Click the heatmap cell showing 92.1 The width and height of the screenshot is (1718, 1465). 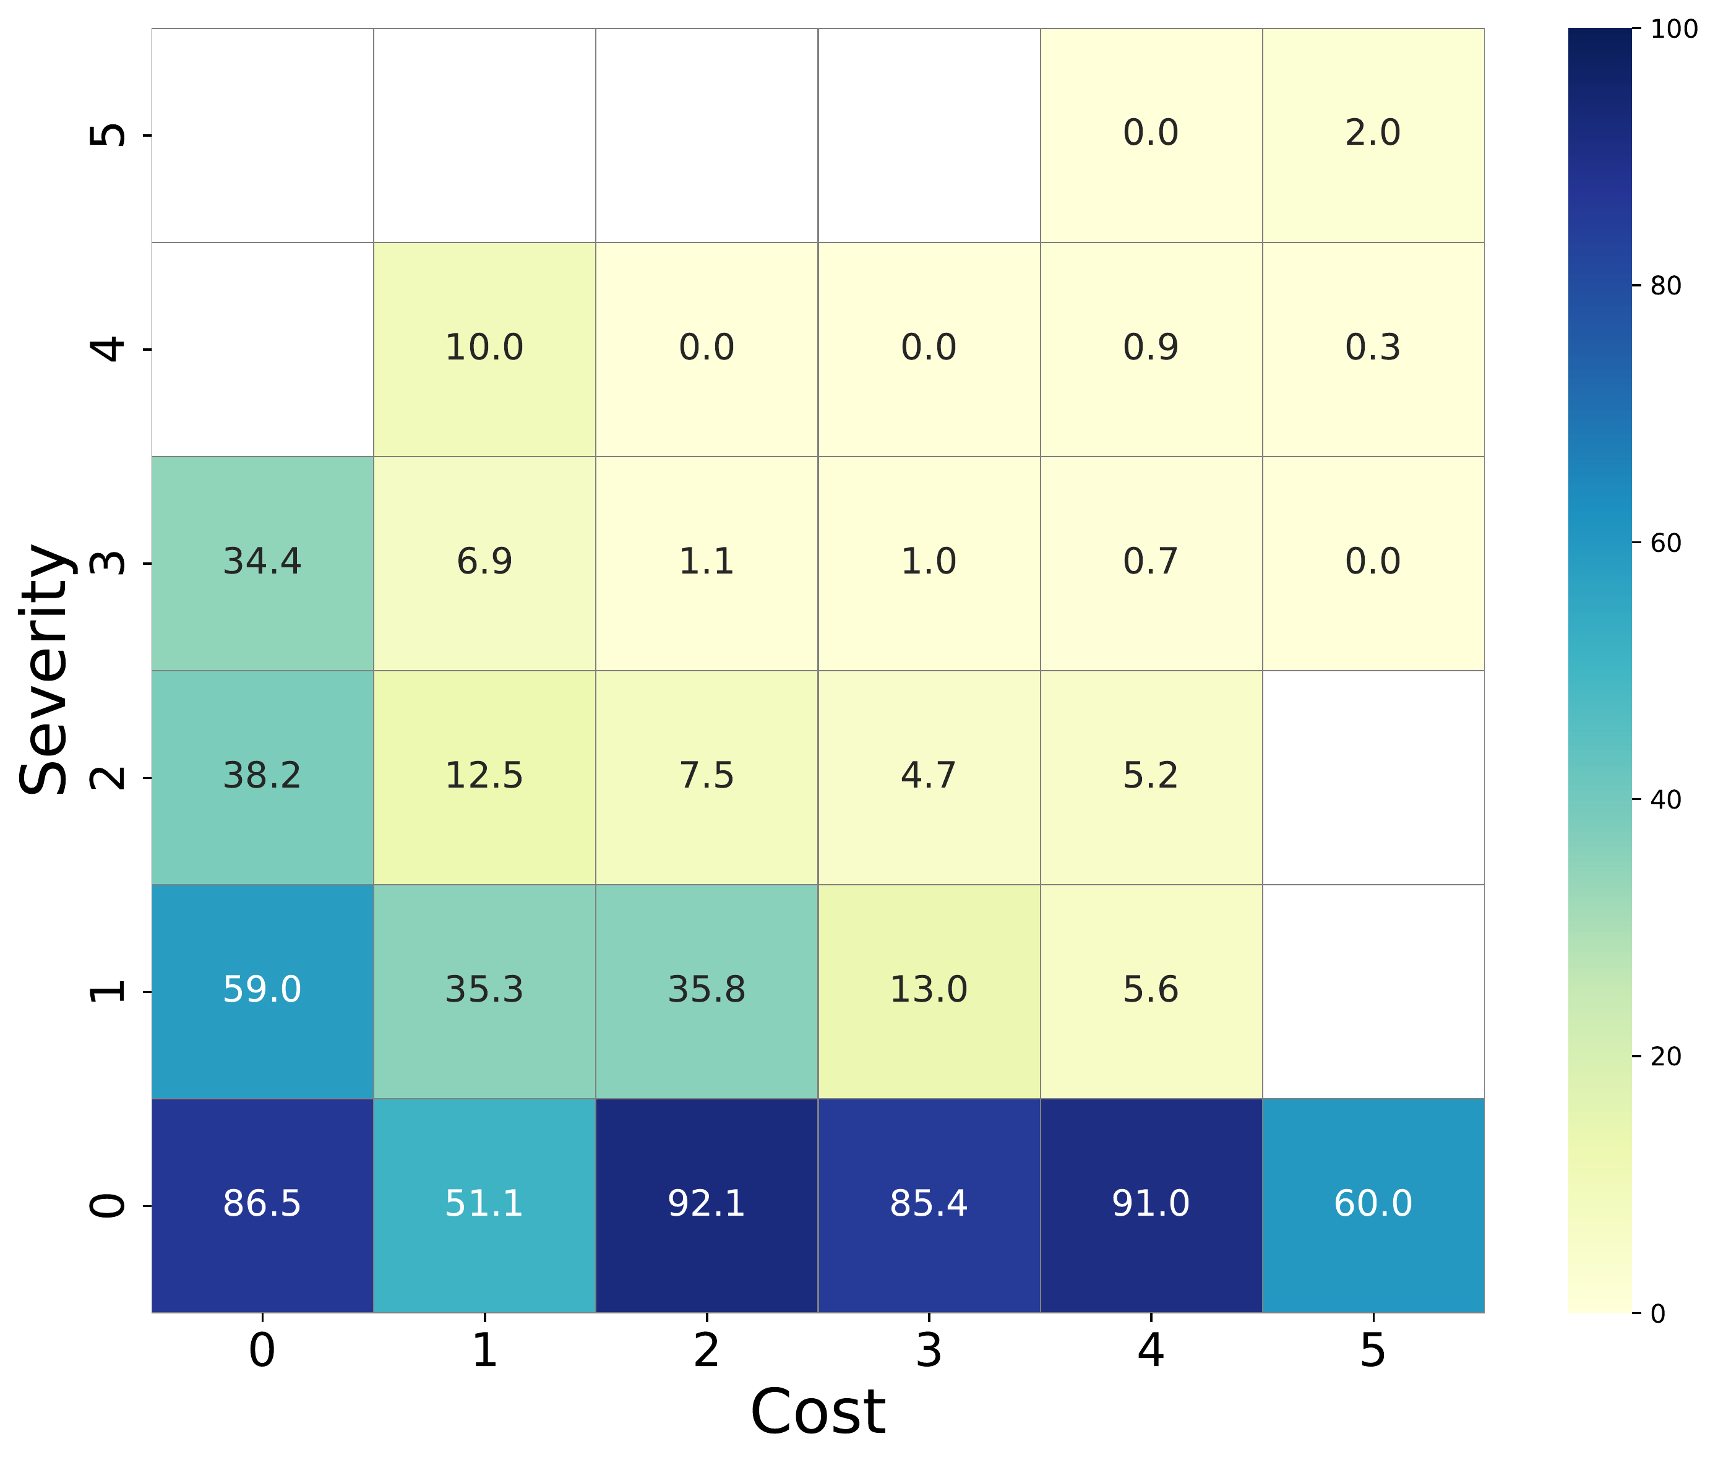[707, 1205]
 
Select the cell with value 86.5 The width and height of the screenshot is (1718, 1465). [262, 1205]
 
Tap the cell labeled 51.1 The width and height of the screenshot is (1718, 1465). [484, 1205]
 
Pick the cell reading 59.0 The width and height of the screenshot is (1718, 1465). [262, 990]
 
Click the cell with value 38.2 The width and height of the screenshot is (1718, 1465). [262, 777]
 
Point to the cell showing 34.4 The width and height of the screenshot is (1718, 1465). [262, 563]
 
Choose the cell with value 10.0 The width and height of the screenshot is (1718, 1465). [484, 348]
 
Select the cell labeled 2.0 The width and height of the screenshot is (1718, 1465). [1373, 134]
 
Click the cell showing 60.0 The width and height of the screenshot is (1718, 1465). [1373, 1205]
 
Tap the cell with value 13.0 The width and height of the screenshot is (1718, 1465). [929, 990]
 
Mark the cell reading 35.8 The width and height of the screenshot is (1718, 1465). [707, 990]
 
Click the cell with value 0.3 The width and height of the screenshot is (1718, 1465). [1373, 348]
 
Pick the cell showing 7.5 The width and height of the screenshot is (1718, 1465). [707, 777]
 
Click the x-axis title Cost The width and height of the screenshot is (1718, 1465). [817, 1412]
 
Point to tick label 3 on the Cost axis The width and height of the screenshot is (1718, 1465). [929, 1351]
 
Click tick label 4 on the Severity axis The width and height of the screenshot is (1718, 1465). [108, 349]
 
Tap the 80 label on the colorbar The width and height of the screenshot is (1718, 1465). [1665, 286]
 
